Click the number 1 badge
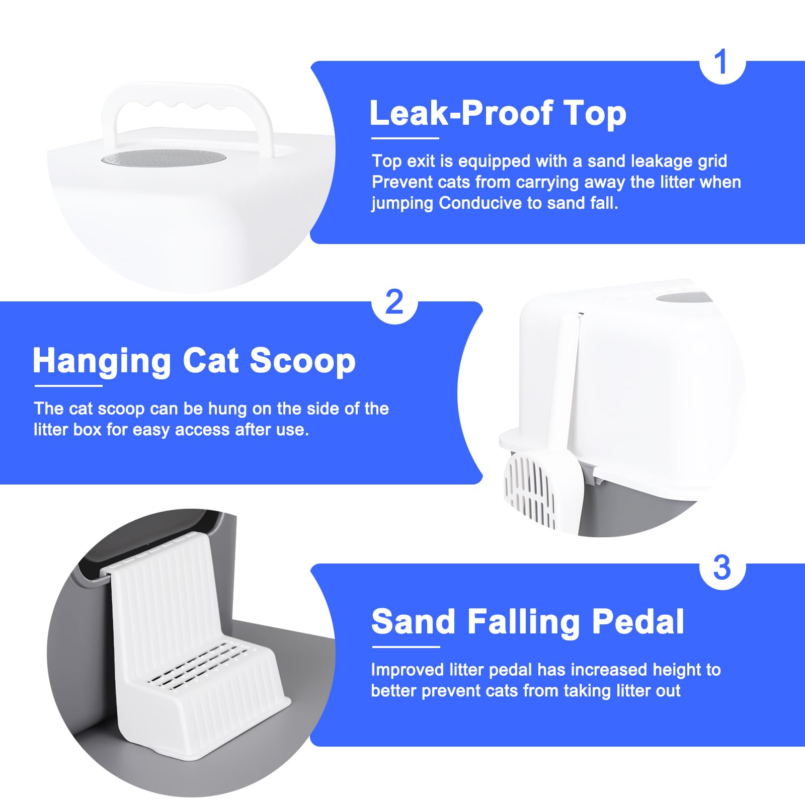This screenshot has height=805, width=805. [721, 62]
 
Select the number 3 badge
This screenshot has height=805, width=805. [721, 568]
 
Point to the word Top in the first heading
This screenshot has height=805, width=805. [595, 113]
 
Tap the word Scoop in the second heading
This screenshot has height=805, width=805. [302, 361]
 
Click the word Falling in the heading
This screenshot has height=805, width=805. [524, 622]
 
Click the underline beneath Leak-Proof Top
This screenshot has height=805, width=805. [405, 138]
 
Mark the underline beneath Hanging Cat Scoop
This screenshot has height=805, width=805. [68, 386]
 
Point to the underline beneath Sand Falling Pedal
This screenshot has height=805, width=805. [406, 647]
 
